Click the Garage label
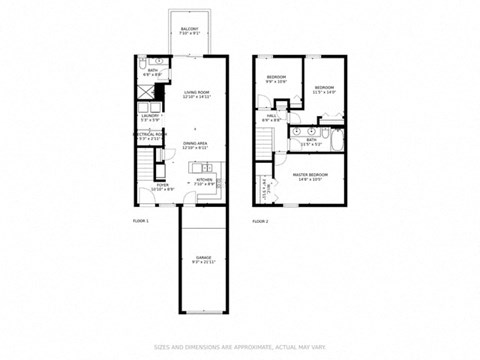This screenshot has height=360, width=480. click(203, 260)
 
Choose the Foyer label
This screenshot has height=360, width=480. click(161, 187)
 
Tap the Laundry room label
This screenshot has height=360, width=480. click(150, 117)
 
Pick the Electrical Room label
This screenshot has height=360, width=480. click(151, 136)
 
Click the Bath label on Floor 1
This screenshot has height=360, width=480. click(151, 72)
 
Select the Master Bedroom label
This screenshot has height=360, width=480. click(312, 178)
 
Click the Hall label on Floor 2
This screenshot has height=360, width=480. click(272, 117)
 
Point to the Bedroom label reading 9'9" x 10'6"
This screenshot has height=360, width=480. click(276, 79)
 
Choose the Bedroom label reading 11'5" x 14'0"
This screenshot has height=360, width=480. click(324, 89)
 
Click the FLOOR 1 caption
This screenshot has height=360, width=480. click(141, 221)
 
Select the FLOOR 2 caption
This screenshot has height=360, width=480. click(260, 221)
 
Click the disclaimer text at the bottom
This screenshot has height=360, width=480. click(239, 346)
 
